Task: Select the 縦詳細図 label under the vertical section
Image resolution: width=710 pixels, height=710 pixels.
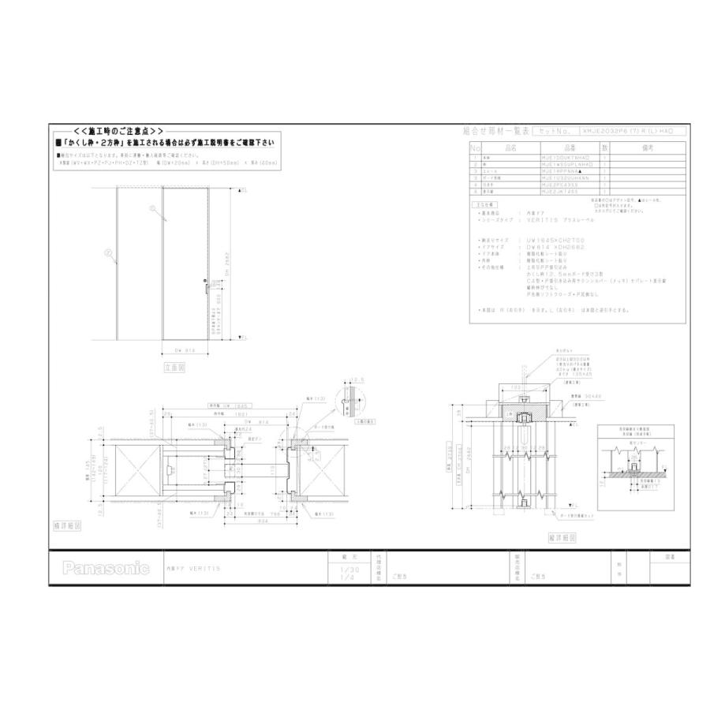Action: pos(561,536)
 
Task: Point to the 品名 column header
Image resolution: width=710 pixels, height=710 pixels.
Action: pos(509,148)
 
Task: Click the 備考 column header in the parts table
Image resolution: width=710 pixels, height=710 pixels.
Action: pos(649,148)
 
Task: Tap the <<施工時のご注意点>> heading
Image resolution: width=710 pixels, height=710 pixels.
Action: pos(118,130)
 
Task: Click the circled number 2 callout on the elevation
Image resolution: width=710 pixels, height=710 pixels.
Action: pos(107,252)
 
